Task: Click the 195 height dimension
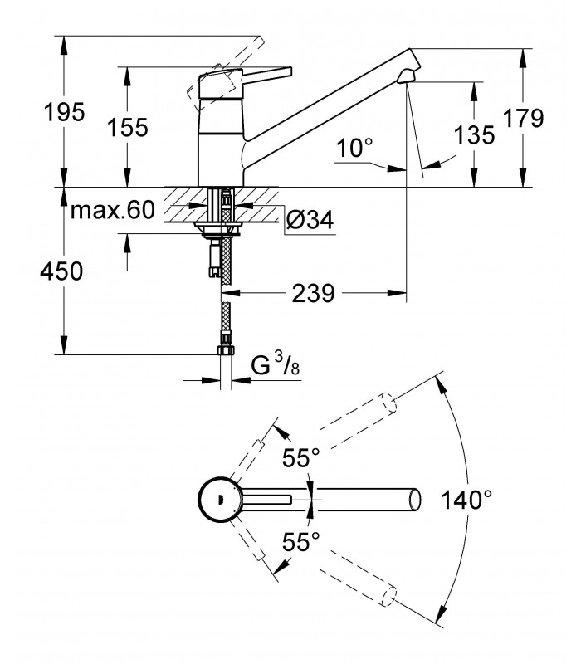[x=65, y=112]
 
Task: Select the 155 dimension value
[x=128, y=128]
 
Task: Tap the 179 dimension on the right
[x=523, y=118]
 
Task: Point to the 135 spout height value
[x=474, y=135]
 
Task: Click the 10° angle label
[x=355, y=149]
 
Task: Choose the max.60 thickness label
[x=113, y=210]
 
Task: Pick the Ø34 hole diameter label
[x=310, y=219]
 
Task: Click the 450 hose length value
[x=61, y=271]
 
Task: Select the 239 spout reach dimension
[x=314, y=293]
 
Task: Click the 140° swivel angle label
[x=466, y=500]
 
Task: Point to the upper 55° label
[x=301, y=457]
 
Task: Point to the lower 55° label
[x=301, y=542]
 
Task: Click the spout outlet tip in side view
[x=407, y=77]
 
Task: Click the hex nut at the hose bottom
[x=226, y=350]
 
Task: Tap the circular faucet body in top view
[x=220, y=500]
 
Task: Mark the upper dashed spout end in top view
[x=388, y=403]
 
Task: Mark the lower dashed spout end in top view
[x=388, y=596]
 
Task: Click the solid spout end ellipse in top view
[x=415, y=500]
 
